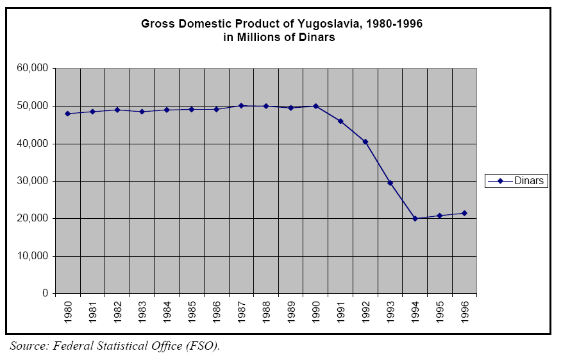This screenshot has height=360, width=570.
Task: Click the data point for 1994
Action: (415, 218)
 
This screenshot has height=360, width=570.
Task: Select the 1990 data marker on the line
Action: (315, 106)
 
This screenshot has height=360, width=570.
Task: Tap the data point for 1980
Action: (67, 114)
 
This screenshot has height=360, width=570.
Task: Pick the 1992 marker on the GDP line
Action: (365, 141)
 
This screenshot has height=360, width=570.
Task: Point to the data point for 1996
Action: (464, 213)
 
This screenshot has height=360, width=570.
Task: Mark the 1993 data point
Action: (390, 183)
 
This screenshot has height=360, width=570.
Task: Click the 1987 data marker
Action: (241, 105)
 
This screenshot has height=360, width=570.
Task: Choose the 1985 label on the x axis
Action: (192, 311)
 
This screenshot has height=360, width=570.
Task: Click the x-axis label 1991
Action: (340, 311)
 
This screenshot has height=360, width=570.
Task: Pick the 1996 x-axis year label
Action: (464, 311)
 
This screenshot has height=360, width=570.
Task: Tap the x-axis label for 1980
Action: (68, 311)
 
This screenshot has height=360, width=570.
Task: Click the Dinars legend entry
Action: (528, 181)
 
